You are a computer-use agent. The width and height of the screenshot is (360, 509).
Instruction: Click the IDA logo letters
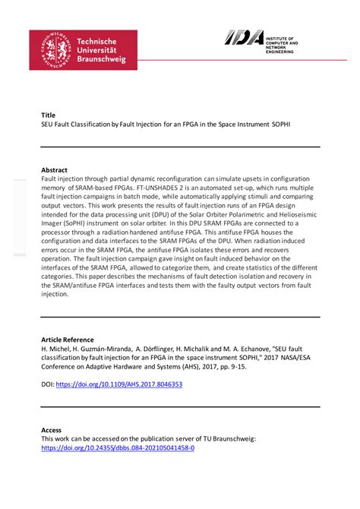tap(244, 37)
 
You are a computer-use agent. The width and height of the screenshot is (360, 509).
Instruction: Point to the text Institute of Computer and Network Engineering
tap(282, 42)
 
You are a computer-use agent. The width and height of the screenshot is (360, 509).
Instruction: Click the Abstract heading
tap(54, 169)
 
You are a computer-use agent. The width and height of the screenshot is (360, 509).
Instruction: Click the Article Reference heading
tap(68, 340)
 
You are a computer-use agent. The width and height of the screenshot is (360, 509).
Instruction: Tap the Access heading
tap(52, 430)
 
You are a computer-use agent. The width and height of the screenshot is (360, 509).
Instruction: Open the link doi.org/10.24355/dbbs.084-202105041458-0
tap(118, 448)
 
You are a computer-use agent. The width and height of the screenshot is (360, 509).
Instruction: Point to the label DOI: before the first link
tap(48, 384)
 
